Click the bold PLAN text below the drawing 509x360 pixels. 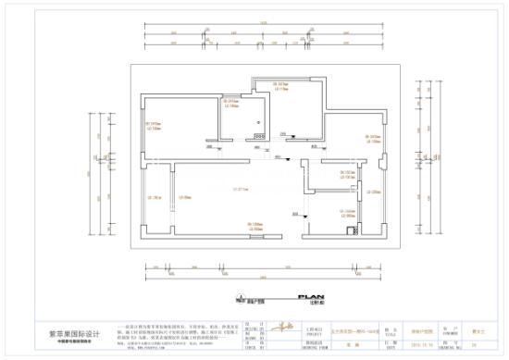click(309, 297)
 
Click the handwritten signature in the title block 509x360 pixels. click(287, 329)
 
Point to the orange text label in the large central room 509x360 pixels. click(242, 190)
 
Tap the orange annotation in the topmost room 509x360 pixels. click(281, 86)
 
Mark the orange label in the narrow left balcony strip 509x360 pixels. click(155, 197)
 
